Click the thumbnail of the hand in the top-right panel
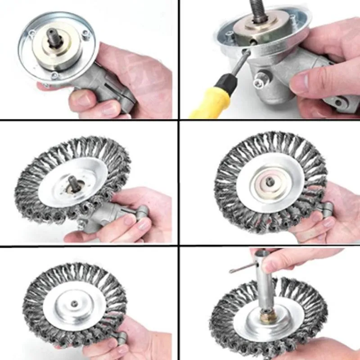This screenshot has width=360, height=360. (x=299, y=83)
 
